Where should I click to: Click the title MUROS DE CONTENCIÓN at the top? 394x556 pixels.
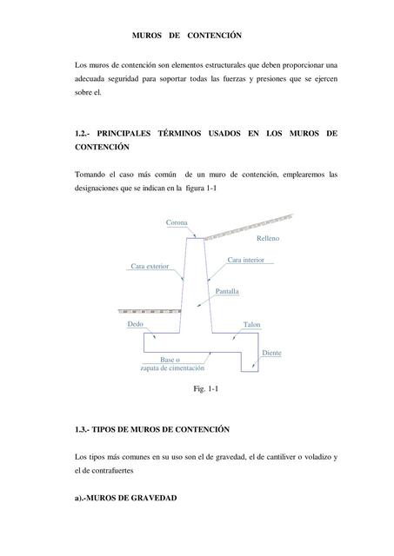pos(186,36)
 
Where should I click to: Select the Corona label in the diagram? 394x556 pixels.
pos(177,223)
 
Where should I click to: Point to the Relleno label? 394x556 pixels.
pos(269,238)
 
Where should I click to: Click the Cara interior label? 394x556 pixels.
pos(246,259)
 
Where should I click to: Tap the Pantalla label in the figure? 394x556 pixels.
pos(227,292)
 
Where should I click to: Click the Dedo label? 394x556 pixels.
pos(134,323)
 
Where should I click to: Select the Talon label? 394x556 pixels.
pos(251,325)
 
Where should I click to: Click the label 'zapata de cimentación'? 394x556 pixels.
pos(172,368)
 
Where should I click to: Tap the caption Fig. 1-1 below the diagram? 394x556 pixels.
pos(205,390)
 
